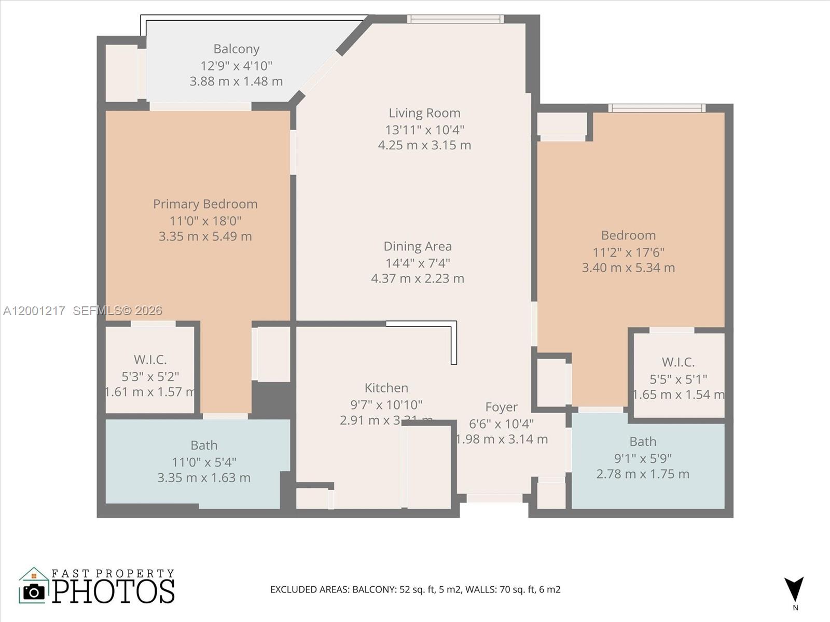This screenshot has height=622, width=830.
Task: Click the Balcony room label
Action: (x=236, y=49)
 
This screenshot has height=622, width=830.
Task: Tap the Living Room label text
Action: (x=424, y=113)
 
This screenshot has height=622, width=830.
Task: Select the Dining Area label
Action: (x=417, y=246)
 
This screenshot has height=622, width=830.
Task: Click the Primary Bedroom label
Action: (x=205, y=204)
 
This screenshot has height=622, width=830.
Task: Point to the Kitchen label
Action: (x=386, y=388)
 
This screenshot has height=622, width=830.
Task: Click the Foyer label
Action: (x=501, y=407)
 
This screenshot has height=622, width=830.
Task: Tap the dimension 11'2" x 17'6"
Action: (x=628, y=252)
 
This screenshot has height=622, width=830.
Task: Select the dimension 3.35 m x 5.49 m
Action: (x=205, y=236)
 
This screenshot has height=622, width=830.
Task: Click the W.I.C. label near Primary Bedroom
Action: (x=150, y=360)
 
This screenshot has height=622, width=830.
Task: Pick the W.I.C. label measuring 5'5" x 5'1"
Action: (x=678, y=362)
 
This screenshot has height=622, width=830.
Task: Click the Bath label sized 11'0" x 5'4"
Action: (x=204, y=445)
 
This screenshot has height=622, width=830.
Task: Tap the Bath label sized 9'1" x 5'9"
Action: (x=643, y=442)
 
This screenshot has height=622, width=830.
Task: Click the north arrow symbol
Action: (x=794, y=590)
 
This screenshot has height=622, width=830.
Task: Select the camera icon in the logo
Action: (x=34, y=591)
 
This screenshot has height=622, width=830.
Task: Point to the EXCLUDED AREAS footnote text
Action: (x=415, y=589)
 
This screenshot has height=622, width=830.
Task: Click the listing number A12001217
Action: (x=34, y=310)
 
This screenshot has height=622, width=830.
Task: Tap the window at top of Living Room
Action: (x=455, y=19)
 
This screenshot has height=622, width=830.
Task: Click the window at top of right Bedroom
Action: (x=656, y=108)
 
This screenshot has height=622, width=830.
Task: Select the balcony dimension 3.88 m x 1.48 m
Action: (x=236, y=81)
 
